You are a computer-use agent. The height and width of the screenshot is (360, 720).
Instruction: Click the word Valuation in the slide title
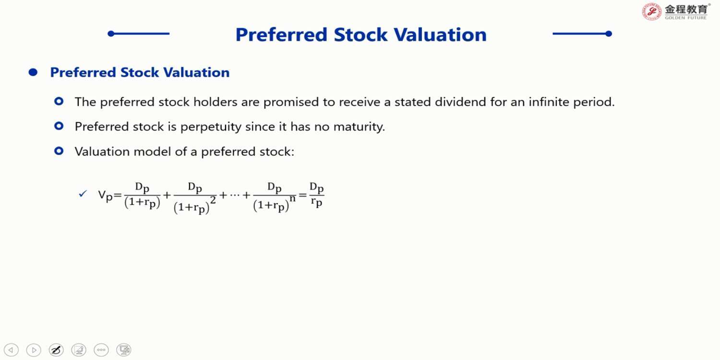coord(440,35)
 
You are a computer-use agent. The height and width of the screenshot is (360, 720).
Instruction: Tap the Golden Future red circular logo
coord(652,12)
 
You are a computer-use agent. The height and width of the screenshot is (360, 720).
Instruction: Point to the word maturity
coord(359,127)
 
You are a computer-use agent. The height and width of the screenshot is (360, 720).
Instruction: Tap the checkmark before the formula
coord(83,193)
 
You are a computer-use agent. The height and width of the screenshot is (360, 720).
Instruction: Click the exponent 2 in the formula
coord(213,200)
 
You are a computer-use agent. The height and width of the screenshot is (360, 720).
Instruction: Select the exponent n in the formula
coord(292,198)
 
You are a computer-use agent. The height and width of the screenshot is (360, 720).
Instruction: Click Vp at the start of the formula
coord(106,195)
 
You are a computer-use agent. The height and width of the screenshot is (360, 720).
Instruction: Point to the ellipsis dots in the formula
coord(235,195)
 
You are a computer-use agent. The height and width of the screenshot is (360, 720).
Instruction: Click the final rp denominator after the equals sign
coord(317,203)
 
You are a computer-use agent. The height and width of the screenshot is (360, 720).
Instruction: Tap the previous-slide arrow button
coord(11,350)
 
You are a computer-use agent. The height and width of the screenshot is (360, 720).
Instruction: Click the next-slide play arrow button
coord(34,350)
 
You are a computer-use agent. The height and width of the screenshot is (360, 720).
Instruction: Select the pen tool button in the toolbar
coord(56,350)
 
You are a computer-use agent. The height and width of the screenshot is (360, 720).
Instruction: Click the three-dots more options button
coord(101,350)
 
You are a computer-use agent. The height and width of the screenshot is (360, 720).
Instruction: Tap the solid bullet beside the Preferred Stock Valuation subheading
coord(33,72)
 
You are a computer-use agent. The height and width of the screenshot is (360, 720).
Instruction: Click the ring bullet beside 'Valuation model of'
coord(59,151)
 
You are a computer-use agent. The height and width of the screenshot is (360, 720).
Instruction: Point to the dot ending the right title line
coord(609,34)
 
